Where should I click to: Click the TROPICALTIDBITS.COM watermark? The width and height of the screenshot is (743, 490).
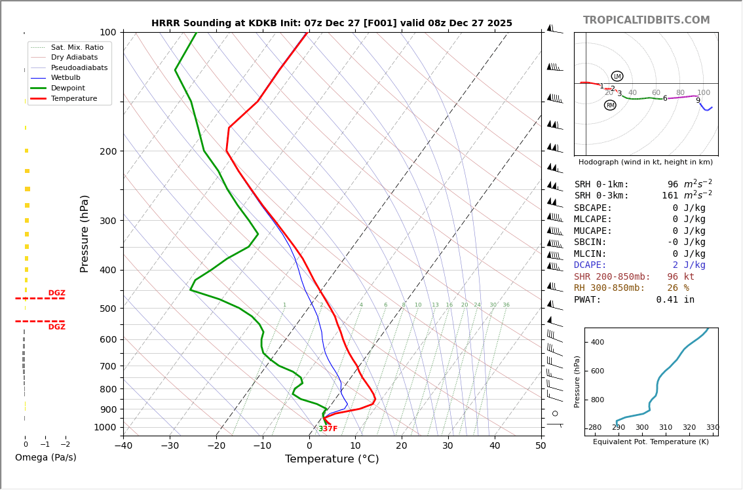click(646, 20)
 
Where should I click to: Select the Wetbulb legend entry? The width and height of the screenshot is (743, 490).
click(66, 78)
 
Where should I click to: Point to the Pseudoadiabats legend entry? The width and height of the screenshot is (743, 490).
click(79, 67)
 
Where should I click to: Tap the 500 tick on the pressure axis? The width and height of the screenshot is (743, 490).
click(107, 309)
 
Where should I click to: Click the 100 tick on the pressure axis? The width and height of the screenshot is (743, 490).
click(107, 32)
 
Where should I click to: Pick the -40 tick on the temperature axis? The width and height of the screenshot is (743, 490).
click(123, 447)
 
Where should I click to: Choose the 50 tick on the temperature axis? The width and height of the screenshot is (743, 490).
click(541, 447)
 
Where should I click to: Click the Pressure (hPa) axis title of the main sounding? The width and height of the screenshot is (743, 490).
click(85, 233)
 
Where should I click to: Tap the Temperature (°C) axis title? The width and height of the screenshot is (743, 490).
click(332, 459)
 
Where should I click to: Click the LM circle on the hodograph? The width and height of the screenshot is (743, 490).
click(617, 76)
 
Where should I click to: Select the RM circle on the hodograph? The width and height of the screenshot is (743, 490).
click(610, 105)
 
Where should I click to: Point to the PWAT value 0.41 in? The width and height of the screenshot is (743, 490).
click(675, 300)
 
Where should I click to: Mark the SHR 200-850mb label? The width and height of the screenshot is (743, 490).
click(612, 277)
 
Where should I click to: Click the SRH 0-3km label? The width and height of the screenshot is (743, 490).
click(601, 196)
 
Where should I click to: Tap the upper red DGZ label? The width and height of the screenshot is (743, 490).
click(56, 293)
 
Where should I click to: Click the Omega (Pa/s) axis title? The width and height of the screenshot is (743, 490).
click(45, 458)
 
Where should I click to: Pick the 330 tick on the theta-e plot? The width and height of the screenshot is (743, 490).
click(712, 428)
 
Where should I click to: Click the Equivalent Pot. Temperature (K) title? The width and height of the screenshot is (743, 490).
click(651, 442)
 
